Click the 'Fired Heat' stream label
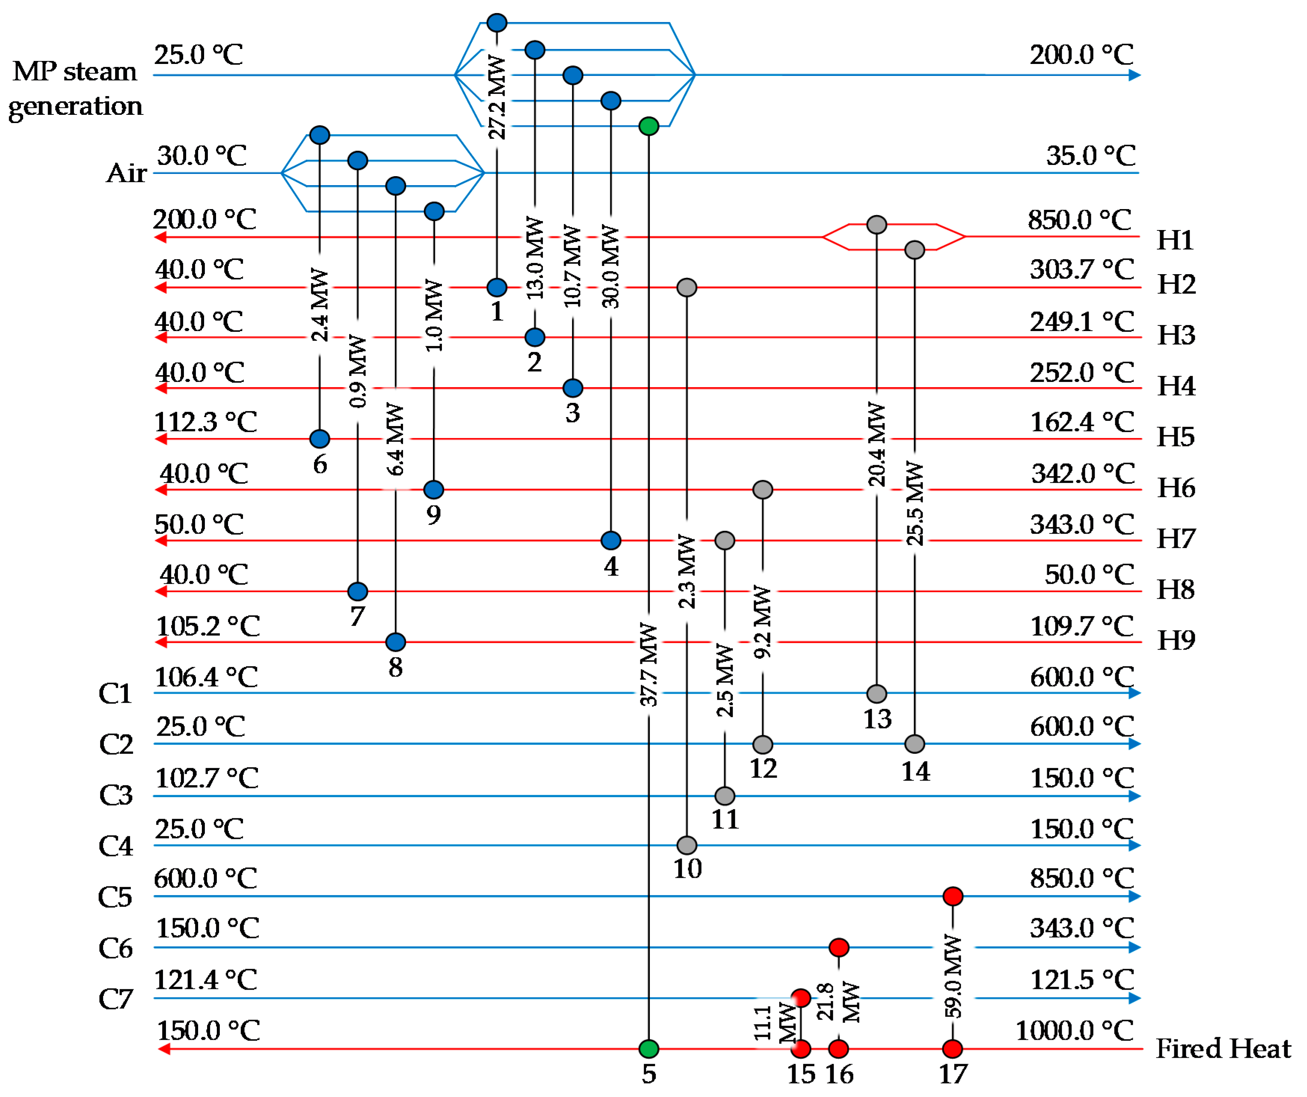(1223, 1049)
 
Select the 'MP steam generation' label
(75, 88)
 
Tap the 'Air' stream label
(126, 173)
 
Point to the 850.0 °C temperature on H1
(1080, 220)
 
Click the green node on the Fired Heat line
(649, 1049)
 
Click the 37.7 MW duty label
(649, 665)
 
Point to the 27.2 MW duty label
(496, 96)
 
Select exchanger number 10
(687, 868)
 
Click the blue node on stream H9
(396, 642)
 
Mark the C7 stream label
(116, 999)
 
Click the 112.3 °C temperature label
(205, 422)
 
